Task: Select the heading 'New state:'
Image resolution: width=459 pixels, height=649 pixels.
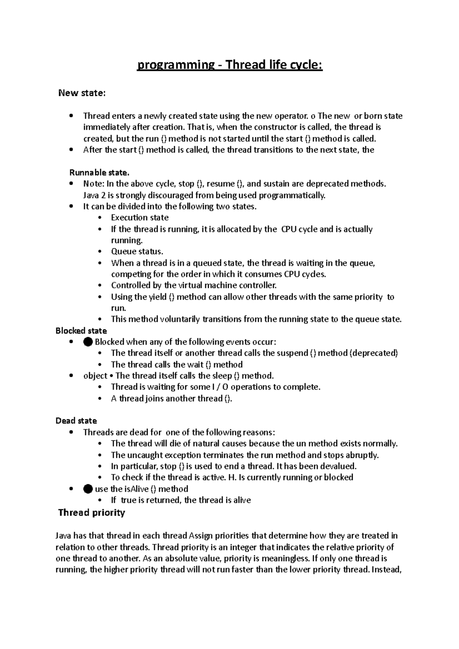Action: [81, 93]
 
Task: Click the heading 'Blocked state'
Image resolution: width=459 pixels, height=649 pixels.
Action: [81, 331]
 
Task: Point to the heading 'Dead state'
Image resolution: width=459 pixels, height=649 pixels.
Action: [76, 421]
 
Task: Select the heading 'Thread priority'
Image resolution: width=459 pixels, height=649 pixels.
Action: [91, 513]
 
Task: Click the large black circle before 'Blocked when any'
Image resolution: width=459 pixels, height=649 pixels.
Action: [88, 342]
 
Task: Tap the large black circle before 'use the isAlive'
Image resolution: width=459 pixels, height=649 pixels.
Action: [88, 489]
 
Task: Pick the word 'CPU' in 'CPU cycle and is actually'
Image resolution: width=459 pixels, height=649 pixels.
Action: [288, 229]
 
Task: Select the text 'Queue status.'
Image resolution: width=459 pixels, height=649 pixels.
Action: [137, 251]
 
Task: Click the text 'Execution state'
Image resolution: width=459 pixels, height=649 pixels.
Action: [140, 217]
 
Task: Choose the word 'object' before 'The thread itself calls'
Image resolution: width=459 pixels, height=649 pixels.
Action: [95, 376]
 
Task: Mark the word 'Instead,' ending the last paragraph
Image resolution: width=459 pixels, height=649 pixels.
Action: [387, 569]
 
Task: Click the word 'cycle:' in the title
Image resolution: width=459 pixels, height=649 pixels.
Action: [308, 65]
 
